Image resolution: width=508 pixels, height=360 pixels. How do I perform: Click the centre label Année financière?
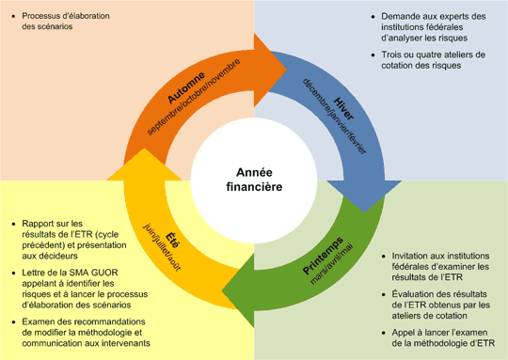[x=254, y=180]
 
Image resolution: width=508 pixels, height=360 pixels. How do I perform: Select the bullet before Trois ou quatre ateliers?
[x=373, y=55]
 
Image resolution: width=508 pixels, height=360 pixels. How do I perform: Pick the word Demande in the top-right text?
[x=403, y=17]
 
